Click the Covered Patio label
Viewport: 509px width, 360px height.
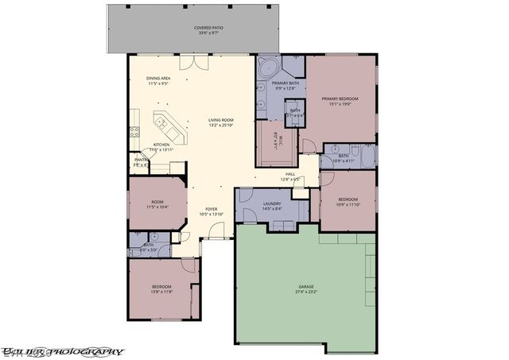[x=208, y=28]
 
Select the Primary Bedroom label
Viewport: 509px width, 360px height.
[x=340, y=99]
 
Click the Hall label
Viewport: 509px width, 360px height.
[x=290, y=174]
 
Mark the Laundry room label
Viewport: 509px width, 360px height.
[x=272, y=204]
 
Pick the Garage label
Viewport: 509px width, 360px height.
[x=305, y=285]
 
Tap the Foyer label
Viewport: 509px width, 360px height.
[x=200, y=210]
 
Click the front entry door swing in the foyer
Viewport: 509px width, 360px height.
[x=211, y=231]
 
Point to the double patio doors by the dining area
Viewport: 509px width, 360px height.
[x=188, y=64]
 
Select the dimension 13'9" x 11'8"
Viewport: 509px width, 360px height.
[x=162, y=292]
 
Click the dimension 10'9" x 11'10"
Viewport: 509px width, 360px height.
[x=348, y=204]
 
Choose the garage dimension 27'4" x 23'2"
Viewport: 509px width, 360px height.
[x=305, y=291]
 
